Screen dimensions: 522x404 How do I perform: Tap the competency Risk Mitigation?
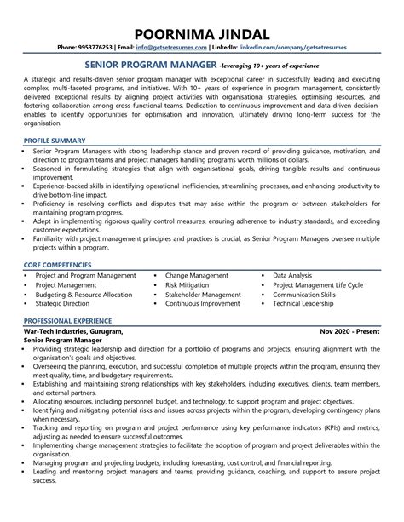(189, 284)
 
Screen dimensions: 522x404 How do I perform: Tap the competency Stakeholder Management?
(204, 294)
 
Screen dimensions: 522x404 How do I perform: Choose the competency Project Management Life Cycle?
(318, 284)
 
